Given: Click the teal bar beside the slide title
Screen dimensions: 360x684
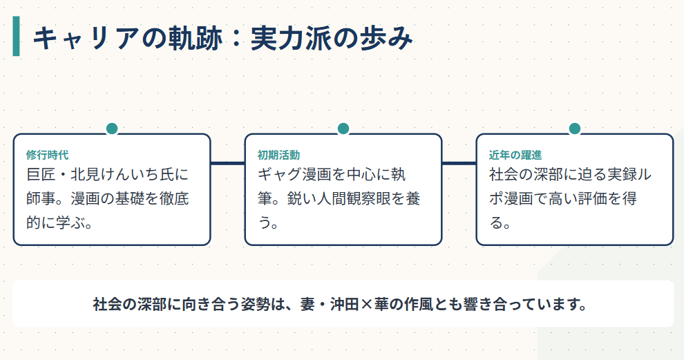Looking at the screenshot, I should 17,37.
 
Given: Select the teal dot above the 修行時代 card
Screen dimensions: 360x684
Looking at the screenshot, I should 112,129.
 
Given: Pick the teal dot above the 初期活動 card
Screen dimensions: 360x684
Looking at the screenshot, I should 343,129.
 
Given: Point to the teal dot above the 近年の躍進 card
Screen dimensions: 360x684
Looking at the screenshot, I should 574,129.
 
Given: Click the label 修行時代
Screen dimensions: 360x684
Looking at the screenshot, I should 47,155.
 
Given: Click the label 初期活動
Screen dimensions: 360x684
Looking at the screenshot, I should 278,155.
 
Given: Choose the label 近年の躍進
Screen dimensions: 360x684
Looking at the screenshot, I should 515,155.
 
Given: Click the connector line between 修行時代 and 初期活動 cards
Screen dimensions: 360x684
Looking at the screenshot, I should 227,164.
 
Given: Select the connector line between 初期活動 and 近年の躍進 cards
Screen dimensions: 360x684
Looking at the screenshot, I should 459,164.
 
